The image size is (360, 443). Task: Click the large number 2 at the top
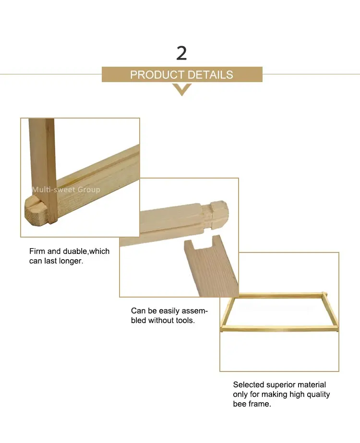point(181,53)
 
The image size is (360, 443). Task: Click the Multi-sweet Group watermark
point(66,190)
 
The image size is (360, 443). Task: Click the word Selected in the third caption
point(248,384)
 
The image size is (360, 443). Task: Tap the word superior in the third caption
point(281,384)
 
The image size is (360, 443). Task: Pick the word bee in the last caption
point(240,404)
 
